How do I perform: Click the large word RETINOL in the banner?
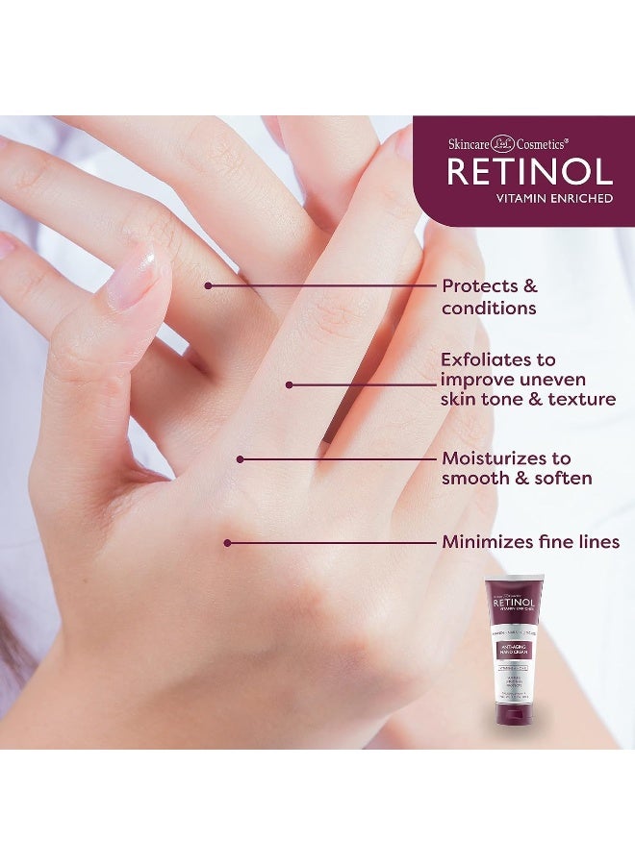529,173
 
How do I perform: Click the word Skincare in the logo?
468,143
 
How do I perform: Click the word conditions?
489,309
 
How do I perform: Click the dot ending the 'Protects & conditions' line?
208,285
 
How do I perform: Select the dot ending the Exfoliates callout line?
289,384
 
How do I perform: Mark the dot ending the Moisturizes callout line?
241,459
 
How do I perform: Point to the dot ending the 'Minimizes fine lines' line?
228,543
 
